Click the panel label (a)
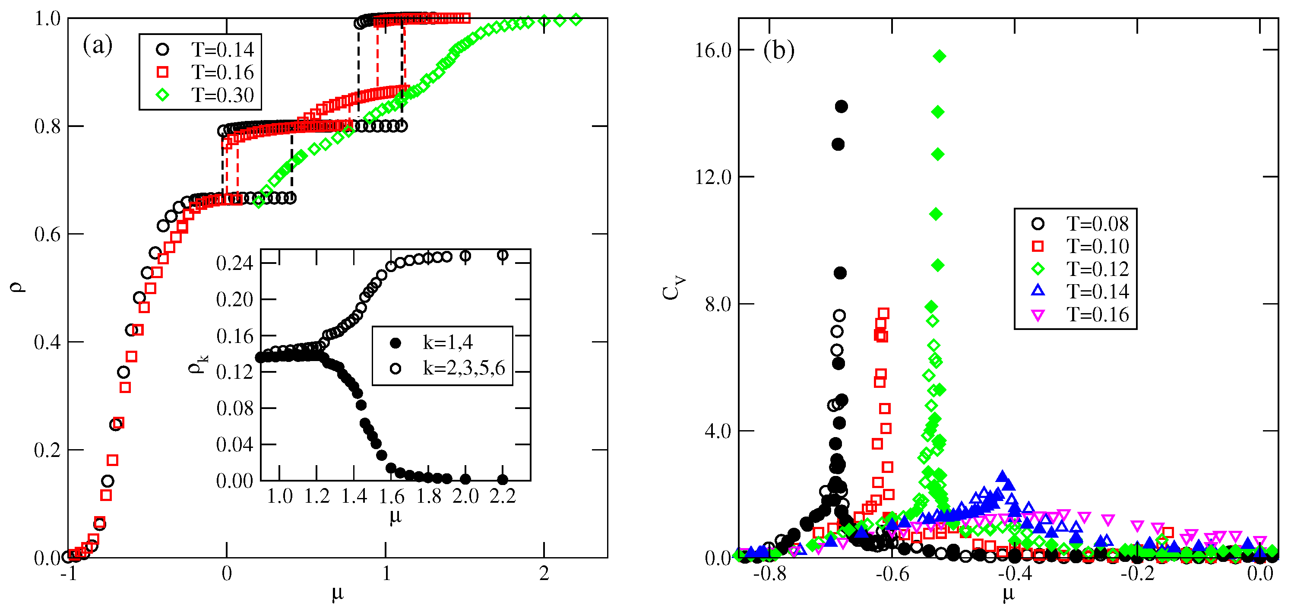97,46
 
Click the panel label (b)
778,50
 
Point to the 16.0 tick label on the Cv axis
713,50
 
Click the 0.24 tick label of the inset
234,263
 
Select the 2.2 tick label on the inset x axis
503,497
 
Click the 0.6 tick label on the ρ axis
47,235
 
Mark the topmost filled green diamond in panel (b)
940,56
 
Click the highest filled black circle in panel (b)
842,106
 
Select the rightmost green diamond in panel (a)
576,20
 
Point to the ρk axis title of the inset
197,364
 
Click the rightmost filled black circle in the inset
503,479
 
